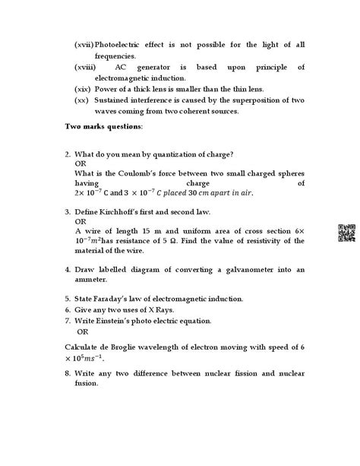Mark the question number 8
coord(68,373)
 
